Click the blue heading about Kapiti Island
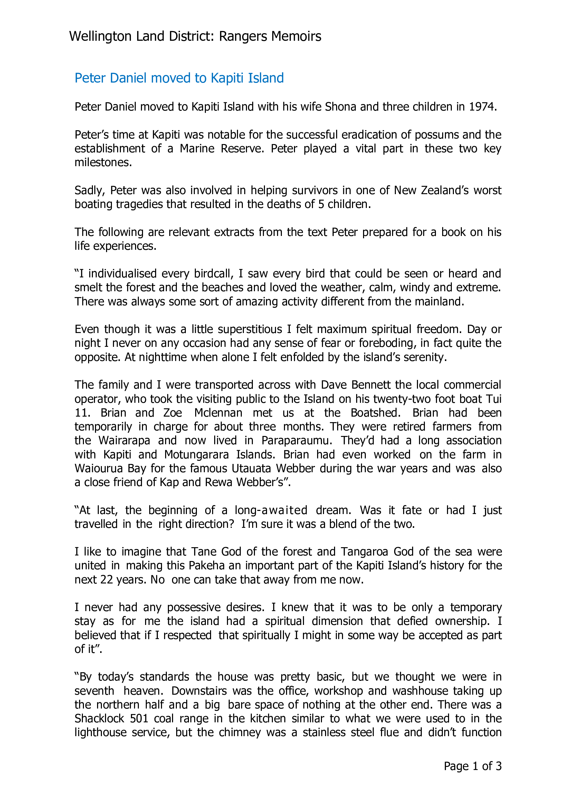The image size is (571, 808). click(179, 78)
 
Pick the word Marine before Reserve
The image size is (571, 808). click(197, 149)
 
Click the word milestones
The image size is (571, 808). click(103, 163)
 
